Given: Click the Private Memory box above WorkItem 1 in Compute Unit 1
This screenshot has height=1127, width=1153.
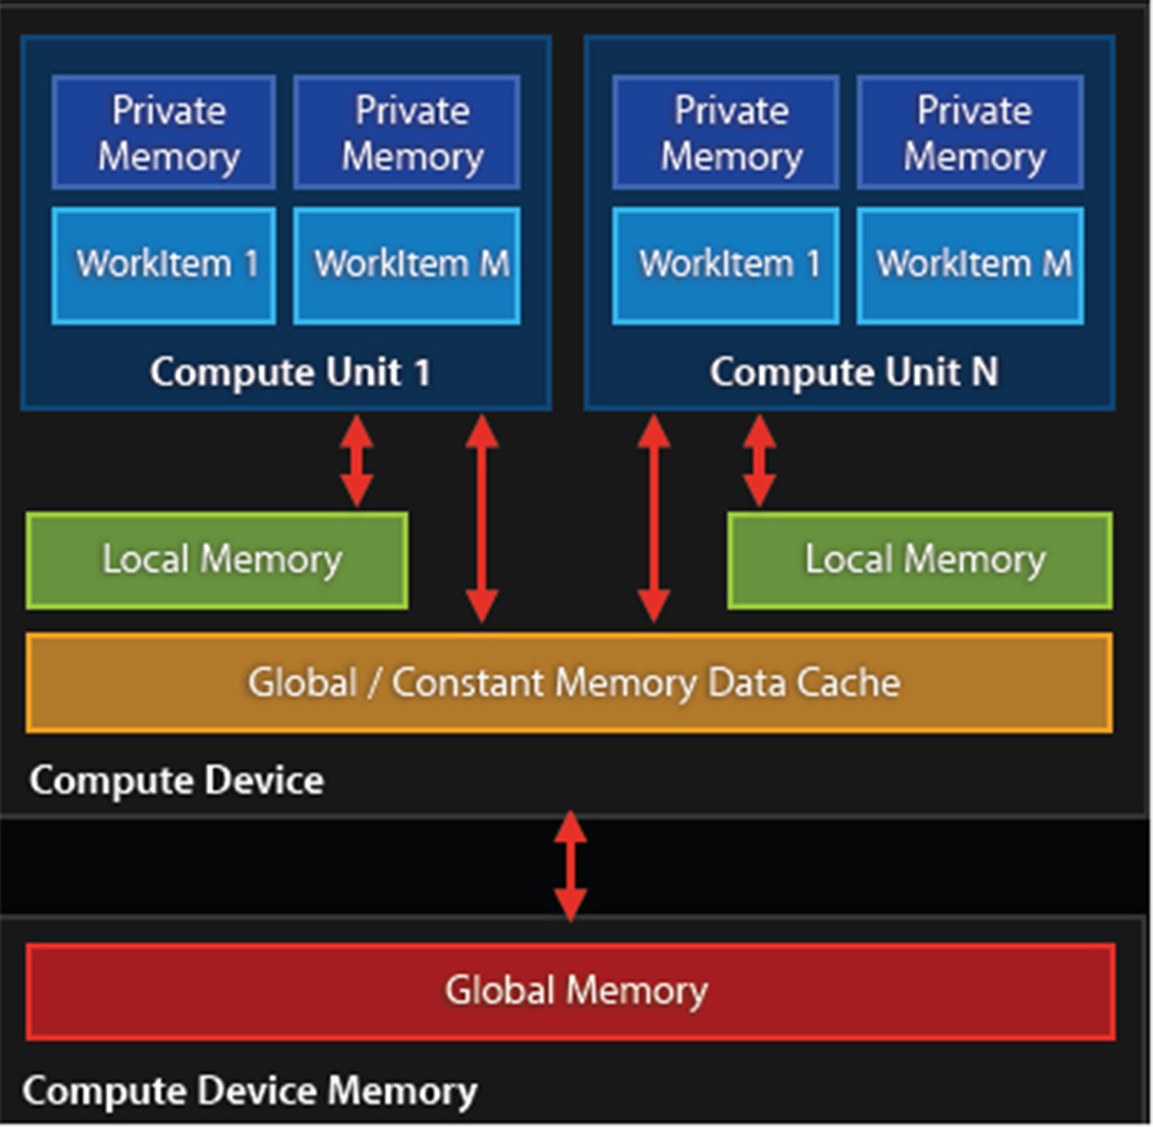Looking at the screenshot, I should click(164, 133).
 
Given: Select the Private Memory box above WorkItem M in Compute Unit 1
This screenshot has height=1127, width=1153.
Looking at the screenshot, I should click(407, 133).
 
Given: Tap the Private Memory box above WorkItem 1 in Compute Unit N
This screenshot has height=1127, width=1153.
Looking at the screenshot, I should click(726, 133).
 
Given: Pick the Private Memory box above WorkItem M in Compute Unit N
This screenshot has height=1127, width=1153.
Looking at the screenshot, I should click(971, 133).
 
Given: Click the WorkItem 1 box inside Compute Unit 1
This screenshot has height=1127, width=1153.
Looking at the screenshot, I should click(164, 266).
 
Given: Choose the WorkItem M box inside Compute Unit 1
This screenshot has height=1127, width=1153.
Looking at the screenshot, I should click(407, 266).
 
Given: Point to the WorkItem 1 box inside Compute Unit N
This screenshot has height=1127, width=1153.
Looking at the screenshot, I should click(726, 266).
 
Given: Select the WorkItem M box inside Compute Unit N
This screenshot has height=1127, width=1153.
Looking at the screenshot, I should click(971, 266).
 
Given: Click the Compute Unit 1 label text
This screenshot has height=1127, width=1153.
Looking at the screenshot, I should click(290, 372).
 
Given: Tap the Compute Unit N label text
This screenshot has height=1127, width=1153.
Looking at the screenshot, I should click(854, 372).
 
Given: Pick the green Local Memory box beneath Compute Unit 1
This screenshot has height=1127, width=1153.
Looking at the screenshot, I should click(217, 560).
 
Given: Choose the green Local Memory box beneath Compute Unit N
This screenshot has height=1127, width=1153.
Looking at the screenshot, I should click(920, 560).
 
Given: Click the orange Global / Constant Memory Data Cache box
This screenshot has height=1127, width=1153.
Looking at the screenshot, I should click(570, 683).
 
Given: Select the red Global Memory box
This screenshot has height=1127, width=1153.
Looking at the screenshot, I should click(571, 991).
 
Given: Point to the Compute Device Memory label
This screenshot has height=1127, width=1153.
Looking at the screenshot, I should click(249, 1091).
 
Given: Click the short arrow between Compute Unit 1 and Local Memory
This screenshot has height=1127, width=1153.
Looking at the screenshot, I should click(356, 461).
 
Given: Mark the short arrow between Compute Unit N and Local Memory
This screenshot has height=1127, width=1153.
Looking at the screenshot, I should click(760, 461).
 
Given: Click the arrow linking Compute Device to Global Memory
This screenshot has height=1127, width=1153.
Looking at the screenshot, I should click(570, 866).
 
